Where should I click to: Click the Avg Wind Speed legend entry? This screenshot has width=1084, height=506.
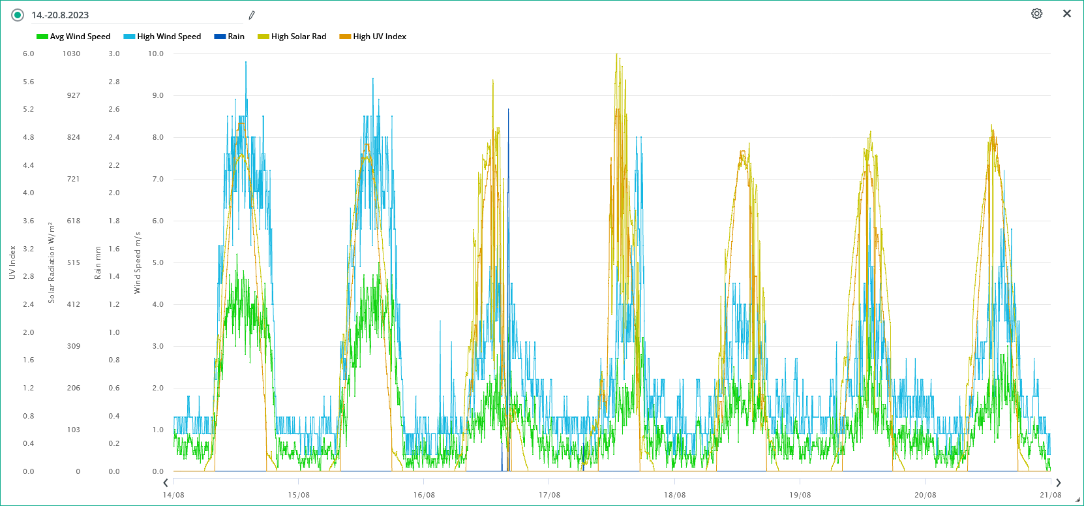74,37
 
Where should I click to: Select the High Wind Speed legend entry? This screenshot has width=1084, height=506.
162,37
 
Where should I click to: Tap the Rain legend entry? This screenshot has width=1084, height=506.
230,37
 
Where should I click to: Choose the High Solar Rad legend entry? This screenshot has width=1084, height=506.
292,37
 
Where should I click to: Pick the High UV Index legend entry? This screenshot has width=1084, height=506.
373,37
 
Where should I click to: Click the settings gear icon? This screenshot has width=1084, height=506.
1036,14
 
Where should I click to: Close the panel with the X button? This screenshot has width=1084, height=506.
1067,14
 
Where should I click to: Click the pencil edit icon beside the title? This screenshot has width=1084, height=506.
252,15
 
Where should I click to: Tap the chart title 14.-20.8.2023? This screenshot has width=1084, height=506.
60,15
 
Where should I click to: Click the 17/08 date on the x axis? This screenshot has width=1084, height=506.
549,495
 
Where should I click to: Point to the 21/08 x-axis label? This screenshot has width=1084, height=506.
1050,495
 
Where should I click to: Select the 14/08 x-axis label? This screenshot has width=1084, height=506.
173,495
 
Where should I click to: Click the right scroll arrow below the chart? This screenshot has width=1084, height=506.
1059,483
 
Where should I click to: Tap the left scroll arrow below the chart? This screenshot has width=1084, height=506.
166,483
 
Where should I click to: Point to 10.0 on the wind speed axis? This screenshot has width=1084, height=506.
156,54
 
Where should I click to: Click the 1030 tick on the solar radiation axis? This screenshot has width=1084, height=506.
72,54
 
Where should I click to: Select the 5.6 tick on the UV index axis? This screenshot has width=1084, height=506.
29,82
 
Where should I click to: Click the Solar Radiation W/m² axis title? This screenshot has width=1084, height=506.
52,262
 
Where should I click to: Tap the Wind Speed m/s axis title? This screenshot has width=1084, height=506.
138,262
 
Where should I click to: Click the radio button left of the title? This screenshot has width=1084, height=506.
18,15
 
